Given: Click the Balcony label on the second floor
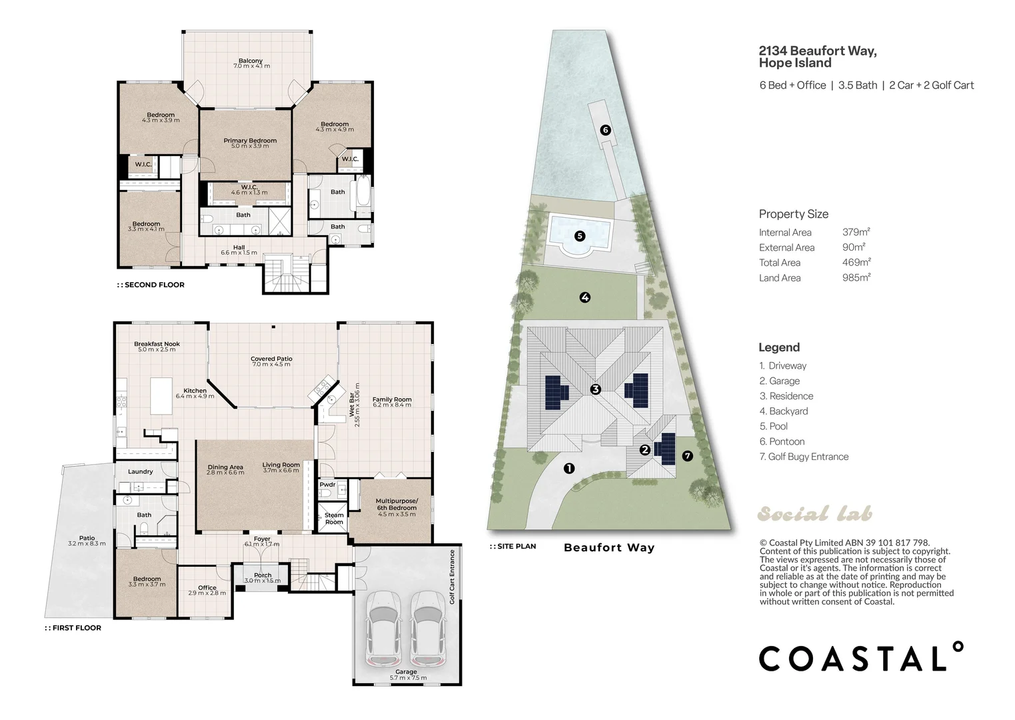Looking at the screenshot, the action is (x=251, y=61).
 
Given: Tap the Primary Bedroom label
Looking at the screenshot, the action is (x=250, y=141).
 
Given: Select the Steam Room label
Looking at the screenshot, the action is (x=334, y=518).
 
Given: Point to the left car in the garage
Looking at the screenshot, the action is (x=383, y=629).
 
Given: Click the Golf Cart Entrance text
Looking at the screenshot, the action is (x=452, y=577).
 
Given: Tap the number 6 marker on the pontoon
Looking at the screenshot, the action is (x=605, y=130).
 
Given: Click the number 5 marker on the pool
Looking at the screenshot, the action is (x=580, y=236).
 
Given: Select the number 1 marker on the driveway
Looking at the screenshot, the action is (x=569, y=469).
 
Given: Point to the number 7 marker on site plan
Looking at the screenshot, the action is (x=687, y=456).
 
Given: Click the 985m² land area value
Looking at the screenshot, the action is (x=856, y=277).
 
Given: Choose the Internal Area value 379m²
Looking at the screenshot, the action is (x=856, y=232).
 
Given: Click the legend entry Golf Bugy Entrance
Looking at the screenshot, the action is (x=804, y=457).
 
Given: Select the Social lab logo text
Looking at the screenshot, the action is (x=814, y=514).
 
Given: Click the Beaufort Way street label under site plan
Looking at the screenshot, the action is (x=609, y=547).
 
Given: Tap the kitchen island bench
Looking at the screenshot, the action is (x=161, y=396).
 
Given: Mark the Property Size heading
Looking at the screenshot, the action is (x=794, y=214).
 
